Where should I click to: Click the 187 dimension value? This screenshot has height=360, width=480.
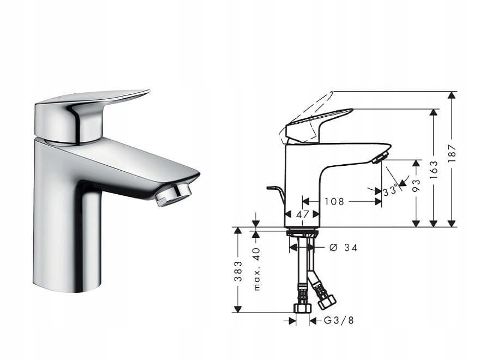pos(452,154)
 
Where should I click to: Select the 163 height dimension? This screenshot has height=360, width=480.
pos(434,170)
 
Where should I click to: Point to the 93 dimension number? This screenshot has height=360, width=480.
pos(416,185)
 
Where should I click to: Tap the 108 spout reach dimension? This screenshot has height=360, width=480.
pos(334,201)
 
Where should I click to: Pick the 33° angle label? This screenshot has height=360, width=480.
pos(389,191)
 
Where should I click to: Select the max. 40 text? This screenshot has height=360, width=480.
pos(256,268)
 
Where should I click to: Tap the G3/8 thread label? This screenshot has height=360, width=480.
pos(339,321)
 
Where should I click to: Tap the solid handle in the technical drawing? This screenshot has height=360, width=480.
pos(316,124)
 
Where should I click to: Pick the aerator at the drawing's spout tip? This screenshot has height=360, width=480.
pos(380,158)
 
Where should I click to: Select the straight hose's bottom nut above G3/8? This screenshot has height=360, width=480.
pos(302,308)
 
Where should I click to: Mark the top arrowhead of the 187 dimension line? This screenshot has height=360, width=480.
pos(451,95)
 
